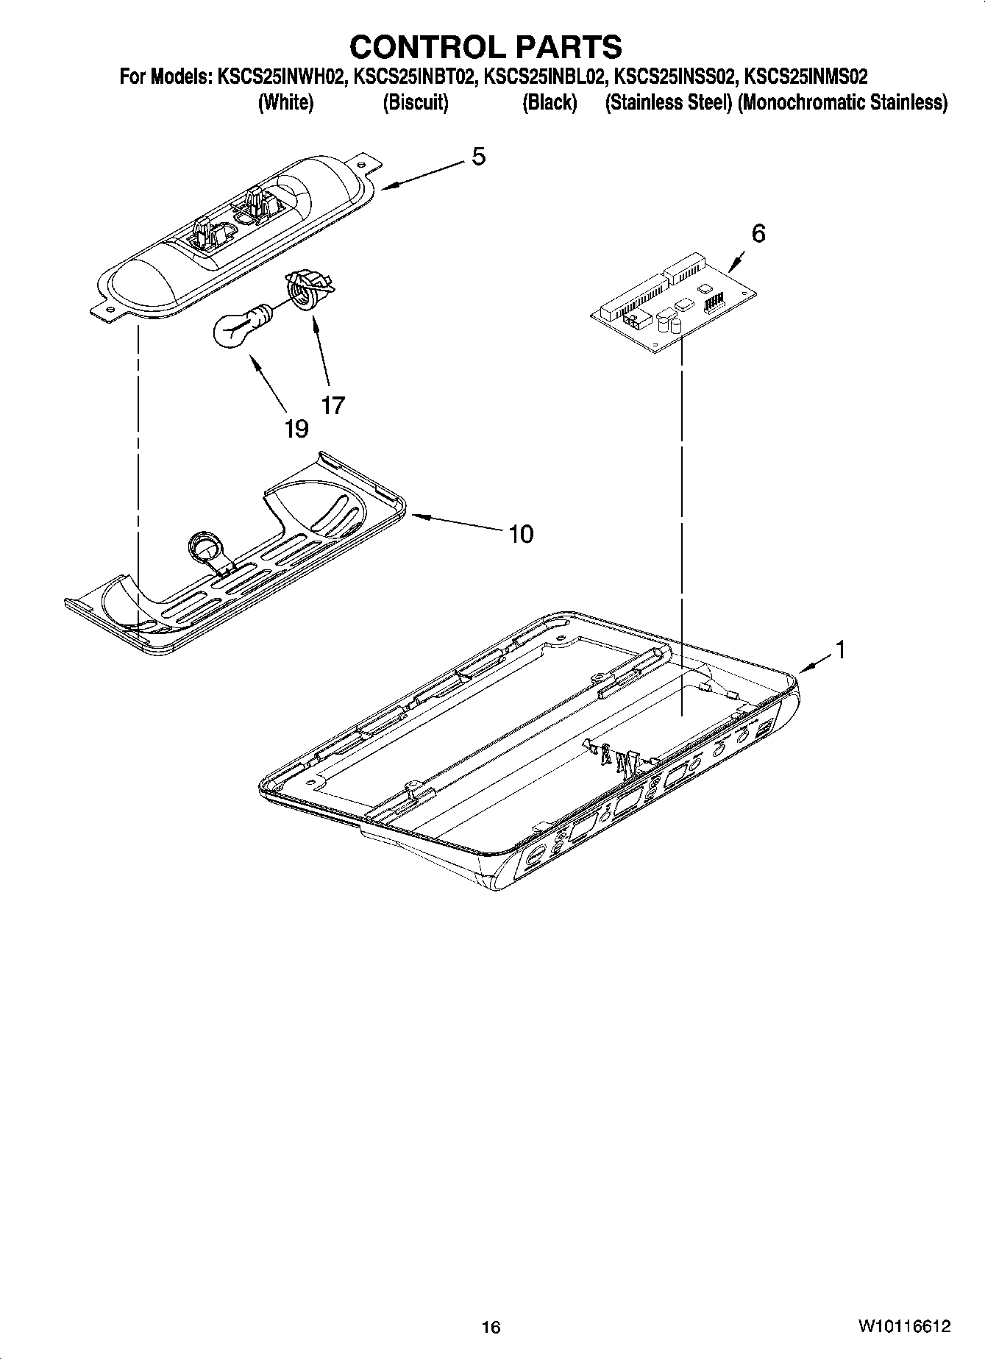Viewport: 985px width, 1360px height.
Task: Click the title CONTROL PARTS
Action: click(x=486, y=47)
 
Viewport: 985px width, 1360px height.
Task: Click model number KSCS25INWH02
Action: click(x=281, y=76)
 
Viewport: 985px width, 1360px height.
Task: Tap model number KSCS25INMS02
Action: click(x=806, y=76)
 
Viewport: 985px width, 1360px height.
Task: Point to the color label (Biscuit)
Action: click(x=415, y=103)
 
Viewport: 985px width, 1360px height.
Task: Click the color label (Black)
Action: click(x=549, y=103)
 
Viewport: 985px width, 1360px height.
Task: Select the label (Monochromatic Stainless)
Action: click(x=842, y=103)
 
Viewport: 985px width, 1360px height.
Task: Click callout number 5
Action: click(x=478, y=157)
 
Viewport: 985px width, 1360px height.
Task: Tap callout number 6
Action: click(x=758, y=233)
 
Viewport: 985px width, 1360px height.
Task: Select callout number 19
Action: click(x=296, y=428)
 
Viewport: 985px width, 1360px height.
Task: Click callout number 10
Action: click(x=521, y=533)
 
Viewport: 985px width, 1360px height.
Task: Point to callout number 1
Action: click(x=839, y=649)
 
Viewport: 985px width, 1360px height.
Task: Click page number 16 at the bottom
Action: click(x=491, y=1327)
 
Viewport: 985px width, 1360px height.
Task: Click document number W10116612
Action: click(x=903, y=1326)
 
